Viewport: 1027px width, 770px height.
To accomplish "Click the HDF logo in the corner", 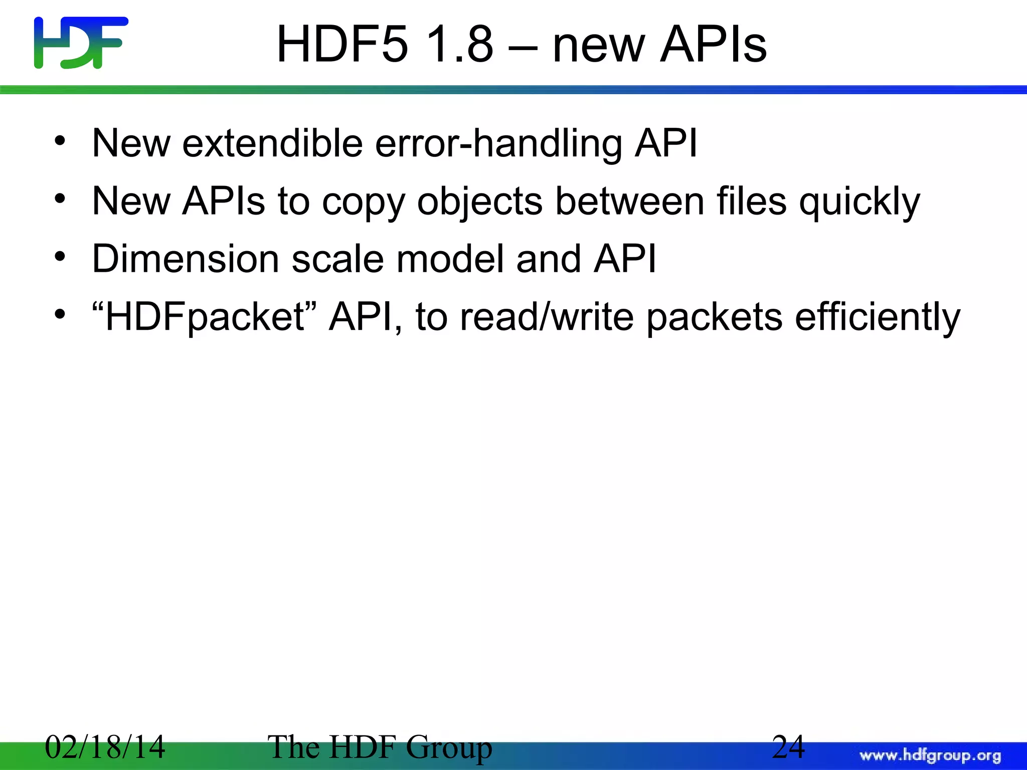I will pos(81,43).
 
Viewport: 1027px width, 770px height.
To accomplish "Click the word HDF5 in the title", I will pos(343,45).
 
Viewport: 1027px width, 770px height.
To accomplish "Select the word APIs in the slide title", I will pos(713,45).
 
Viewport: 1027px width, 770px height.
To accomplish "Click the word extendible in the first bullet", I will pos(272,143).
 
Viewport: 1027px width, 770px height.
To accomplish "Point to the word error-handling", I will pos(498,144).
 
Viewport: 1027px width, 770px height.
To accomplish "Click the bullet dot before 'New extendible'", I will pos(60,141).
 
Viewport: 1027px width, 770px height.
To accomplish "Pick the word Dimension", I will pos(185,259).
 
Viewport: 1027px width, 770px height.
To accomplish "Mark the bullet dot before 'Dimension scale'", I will pos(60,257).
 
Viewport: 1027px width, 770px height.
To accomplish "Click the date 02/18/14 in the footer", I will pos(105,747).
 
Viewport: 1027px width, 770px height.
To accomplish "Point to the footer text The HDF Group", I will pos(380,747).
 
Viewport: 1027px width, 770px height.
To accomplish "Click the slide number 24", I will pos(788,747).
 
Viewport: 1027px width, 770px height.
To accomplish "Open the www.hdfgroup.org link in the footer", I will pos(930,755).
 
